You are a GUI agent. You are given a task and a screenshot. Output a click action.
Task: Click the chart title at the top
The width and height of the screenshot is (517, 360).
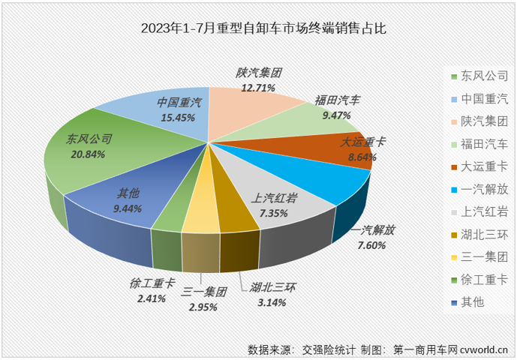tap(259, 29)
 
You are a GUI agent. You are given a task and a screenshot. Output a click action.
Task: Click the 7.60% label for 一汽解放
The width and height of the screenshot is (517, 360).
tap(371, 244)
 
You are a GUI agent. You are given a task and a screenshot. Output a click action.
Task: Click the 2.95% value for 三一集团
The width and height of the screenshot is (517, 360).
tap(204, 307)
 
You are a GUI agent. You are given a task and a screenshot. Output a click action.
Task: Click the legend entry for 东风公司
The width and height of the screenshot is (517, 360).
tap(479, 76)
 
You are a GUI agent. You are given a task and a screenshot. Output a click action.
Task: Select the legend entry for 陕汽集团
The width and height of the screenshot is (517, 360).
tap(479, 121)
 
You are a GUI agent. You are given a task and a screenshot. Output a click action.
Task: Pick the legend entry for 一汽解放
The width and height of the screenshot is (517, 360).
tap(479, 189)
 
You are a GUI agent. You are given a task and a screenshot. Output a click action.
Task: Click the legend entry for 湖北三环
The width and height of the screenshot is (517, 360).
tap(479, 234)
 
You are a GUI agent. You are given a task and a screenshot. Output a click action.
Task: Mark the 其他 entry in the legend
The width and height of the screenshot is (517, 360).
tap(473, 302)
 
